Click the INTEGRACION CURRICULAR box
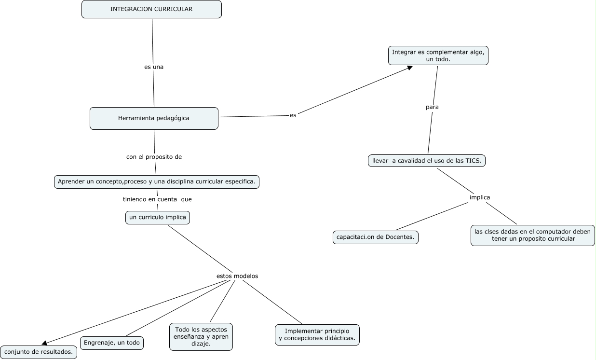click(151, 9)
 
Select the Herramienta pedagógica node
click(154, 118)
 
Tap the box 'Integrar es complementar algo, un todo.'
click(438, 55)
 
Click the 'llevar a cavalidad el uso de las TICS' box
click(426, 161)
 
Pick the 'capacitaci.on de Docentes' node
click(376, 237)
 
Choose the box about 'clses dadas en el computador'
click(532, 235)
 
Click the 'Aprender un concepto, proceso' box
click(157, 182)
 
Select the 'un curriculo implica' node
click(158, 218)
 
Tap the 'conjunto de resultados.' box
click(39, 352)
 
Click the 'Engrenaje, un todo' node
click(112, 343)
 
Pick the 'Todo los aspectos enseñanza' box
click(201, 337)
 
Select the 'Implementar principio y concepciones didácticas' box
click(317, 334)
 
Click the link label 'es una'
click(154, 67)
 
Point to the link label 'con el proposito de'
click(154, 157)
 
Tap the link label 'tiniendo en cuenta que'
click(157, 199)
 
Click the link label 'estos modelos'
click(237, 276)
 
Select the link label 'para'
click(432, 107)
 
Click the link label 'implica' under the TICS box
click(480, 197)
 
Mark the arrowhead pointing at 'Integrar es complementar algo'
click(409, 68)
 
